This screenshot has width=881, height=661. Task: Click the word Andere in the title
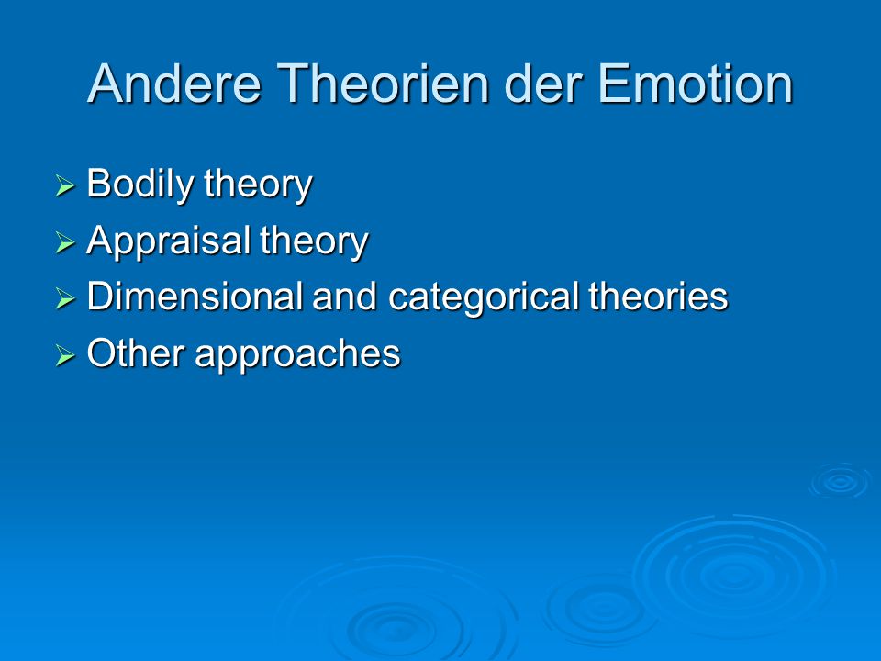175,84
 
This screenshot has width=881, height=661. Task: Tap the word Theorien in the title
383,84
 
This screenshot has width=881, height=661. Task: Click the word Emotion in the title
696,84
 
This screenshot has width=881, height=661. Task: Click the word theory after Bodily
259,185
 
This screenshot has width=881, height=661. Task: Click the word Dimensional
195,297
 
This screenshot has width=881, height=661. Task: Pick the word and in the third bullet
344,297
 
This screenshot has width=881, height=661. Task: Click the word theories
659,297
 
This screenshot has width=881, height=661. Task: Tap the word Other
136,353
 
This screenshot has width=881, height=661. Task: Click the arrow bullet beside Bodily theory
65,185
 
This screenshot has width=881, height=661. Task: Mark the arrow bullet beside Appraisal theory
65,242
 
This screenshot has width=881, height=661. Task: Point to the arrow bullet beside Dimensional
65,298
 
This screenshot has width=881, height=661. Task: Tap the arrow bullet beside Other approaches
65,355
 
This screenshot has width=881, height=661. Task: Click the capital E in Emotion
613,84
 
